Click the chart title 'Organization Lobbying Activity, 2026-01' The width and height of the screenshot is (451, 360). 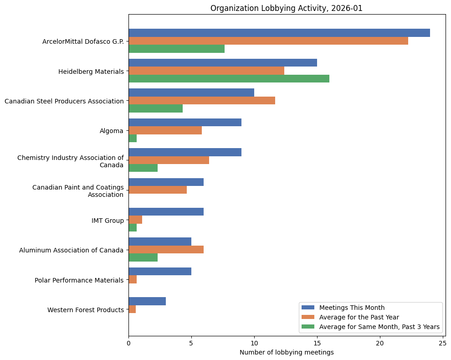(x=286, y=8)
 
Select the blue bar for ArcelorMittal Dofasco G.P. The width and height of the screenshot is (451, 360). (x=279, y=33)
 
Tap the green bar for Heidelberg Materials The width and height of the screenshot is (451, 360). (x=229, y=78)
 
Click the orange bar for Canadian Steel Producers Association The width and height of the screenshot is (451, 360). (x=201, y=100)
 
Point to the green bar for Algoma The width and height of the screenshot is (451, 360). (x=133, y=139)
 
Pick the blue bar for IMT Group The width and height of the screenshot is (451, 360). (x=166, y=212)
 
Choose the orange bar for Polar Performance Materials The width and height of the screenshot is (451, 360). (x=133, y=280)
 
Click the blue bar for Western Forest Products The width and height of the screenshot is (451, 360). (x=147, y=301)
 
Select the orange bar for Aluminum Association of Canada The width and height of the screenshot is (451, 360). (x=166, y=250)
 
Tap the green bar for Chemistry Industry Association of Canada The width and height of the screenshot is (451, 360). (x=143, y=168)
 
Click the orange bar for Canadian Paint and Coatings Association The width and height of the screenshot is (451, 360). (x=158, y=190)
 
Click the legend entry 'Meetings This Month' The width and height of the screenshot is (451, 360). (x=352, y=307)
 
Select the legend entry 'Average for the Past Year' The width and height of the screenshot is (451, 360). (x=359, y=317)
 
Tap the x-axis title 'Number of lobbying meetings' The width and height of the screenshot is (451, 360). (x=287, y=352)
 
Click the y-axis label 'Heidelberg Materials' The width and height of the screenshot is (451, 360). (x=91, y=72)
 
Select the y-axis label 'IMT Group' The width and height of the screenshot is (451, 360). (x=108, y=221)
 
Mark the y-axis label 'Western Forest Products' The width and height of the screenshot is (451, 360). (x=86, y=310)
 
